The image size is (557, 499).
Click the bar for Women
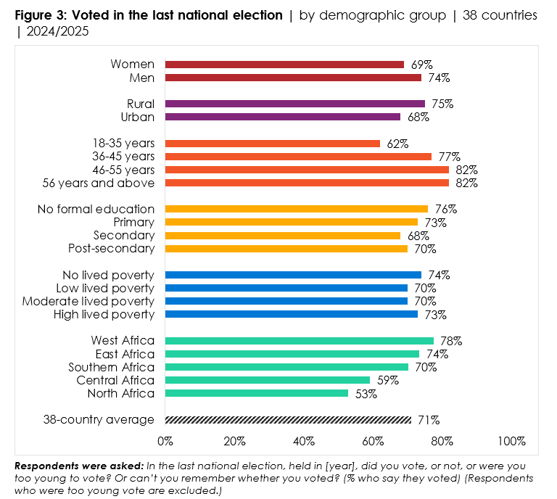click(284, 65)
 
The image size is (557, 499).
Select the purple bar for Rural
click(294, 104)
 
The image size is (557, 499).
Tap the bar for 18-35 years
click(272, 144)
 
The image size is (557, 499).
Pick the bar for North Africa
click(257, 393)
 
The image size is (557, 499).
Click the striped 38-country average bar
click(288, 419)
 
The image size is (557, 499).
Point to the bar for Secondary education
click(283, 236)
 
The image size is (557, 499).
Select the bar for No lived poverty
click(293, 275)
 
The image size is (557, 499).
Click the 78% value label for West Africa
click(448, 341)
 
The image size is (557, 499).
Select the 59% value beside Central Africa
click(384, 380)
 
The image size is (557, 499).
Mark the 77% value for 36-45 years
click(446, 157)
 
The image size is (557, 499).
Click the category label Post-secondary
click(111, 249)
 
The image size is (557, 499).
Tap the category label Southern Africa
click(111, 367)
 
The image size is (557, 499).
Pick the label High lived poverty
click(104, 314)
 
